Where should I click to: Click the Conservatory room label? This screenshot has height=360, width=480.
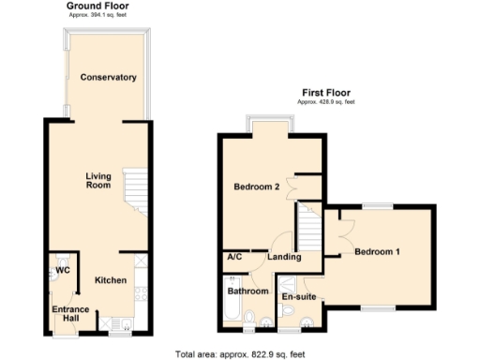[109, 77]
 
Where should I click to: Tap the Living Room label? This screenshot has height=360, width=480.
[97, 181]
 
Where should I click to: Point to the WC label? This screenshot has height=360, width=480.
[63, 271]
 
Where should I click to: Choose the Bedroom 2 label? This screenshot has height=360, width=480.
[257, 187]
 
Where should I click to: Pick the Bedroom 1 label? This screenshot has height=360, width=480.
[377, 251]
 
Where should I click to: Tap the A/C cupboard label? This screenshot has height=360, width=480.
[235, 257]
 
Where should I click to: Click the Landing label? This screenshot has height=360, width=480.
[284, 257]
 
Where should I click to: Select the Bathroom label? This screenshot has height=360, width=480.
[248, 292]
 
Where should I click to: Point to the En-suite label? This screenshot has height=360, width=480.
[298, 297]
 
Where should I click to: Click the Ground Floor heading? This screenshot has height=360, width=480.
[97, 6]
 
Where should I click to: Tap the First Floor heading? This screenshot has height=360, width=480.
[325, 92]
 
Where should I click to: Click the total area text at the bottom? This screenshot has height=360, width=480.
[239, 353]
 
